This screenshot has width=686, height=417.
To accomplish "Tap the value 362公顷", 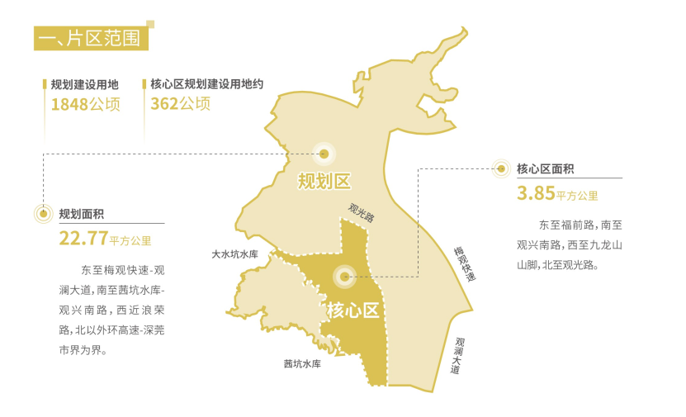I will click(180, 104).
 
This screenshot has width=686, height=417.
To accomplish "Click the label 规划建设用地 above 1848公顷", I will click(84, 84).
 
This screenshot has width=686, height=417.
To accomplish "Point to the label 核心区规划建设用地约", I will click(206, 84).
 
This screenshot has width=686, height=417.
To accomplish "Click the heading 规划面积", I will click(81, 214).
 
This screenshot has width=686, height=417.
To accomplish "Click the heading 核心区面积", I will click(545, 169).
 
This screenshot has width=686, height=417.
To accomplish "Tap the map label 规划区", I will click(324, 180).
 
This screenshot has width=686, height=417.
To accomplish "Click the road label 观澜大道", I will click(457, 356).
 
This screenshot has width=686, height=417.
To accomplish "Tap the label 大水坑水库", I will click(235, 254).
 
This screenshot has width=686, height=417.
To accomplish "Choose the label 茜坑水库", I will click(301, 363).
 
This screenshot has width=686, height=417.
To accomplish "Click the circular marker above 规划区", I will click(324, 153).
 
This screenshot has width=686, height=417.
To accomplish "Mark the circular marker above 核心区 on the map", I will click(343, 276).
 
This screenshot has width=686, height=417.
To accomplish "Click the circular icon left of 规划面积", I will click(43, 214).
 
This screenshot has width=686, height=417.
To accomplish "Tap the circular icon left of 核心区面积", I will click(500, 169).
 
